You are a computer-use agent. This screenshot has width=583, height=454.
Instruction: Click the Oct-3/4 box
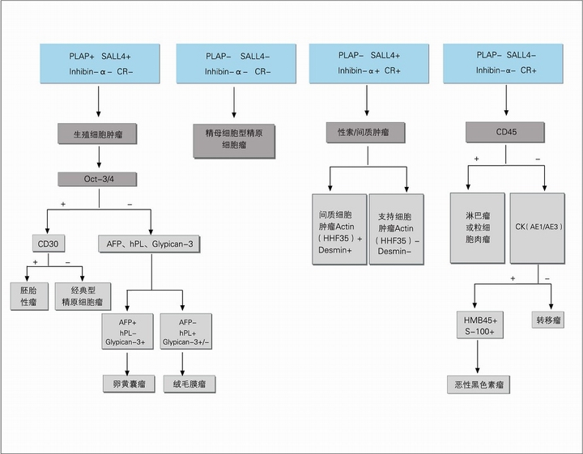(97, 179)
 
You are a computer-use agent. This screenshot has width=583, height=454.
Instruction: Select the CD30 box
(49, 244)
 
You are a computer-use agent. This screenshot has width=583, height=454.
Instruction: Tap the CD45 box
(505, 132)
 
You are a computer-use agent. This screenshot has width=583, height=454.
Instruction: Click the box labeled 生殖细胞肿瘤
(97, 134)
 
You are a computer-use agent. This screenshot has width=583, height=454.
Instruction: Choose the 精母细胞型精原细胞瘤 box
(234, 141)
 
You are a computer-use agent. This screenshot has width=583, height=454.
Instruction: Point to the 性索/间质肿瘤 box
(366, 133)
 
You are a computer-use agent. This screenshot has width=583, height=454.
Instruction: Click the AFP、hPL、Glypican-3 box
(150, 244)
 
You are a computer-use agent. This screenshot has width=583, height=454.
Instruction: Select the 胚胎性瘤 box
(29, 296)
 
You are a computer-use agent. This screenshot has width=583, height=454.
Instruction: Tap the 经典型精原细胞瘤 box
(83, 296)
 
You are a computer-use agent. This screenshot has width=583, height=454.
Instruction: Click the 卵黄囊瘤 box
(129, 384)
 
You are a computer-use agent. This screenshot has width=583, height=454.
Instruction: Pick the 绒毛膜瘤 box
(189, 384)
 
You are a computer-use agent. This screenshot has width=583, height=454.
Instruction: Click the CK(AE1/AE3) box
(538, 228)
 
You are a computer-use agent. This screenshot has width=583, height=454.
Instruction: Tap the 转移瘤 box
(548, 320)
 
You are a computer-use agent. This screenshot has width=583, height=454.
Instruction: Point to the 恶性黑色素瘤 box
(479, 384)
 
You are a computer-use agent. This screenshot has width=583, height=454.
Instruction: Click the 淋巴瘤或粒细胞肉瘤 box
(478, 227)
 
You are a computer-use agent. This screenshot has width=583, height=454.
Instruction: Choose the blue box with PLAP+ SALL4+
(100, 64)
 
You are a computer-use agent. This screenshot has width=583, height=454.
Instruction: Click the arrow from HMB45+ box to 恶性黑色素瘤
(478, 357)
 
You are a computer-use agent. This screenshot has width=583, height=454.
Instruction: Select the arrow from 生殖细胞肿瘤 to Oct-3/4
(99, 157)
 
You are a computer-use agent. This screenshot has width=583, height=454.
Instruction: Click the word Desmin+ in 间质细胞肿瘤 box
(335, 250)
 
